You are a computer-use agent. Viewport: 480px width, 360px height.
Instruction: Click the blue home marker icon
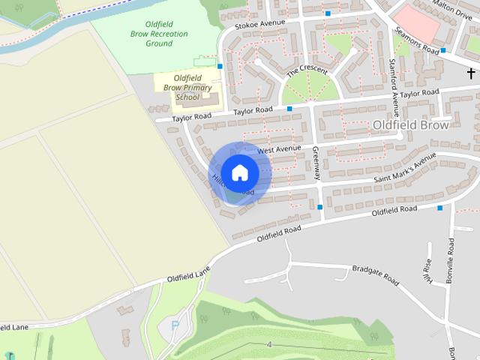pyautogui.click(x=239, y=172)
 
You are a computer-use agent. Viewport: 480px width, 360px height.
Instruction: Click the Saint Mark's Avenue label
pyautogui.click(x=405, y=170)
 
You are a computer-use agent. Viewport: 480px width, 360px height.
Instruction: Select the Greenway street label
pyautogui.click(x=316, y=163)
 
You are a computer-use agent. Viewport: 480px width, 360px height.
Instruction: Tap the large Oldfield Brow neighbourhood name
pyautogui.click(x=410, y=125)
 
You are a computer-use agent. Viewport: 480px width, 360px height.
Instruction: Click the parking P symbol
pyautogui.click(x=175, y=325)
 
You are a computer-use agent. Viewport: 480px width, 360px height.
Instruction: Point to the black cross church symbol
pyautogui.click(x=472, y=73)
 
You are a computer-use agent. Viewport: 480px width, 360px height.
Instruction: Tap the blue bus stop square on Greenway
pyautogui.click(x=320, y=207)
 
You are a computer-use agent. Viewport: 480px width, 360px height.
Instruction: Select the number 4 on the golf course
pyautogui.click(x=268, y=344)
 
